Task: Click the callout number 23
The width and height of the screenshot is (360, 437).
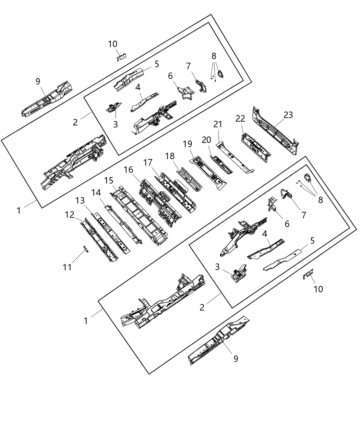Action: (288, 115)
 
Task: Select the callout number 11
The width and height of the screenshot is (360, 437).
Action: (67, 267)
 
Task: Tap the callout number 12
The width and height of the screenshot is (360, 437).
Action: (70, 215)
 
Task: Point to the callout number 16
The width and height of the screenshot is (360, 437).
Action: (128, 170)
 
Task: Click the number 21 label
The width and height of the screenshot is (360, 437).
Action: (218, 125)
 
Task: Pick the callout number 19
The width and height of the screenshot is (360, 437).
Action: (188, 144)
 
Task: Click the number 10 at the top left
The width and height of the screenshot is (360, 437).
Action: (112, 44)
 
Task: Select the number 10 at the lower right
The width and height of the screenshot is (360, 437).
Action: (318, 289)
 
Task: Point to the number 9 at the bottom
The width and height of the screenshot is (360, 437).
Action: (236, 359)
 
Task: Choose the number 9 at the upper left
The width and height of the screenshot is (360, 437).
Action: (38, 81)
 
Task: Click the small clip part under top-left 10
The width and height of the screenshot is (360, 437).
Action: (121, 57)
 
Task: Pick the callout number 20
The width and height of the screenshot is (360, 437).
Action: (206, 140)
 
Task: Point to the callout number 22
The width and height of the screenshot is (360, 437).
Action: (240, 118)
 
